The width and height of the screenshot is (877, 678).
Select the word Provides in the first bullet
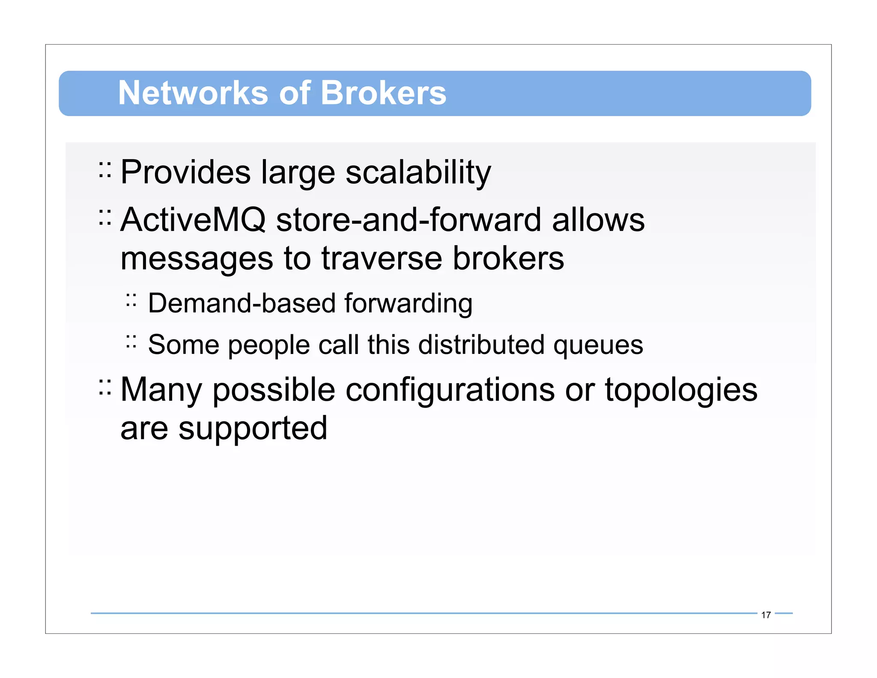[x=185, y=172]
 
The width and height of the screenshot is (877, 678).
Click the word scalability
[x=418, y=173]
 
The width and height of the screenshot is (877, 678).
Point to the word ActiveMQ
[x=193, y=220]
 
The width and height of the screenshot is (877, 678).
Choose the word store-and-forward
[x=409, y=220]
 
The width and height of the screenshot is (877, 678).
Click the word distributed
[x=481, y=345]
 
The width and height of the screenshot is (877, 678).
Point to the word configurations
[x=450, y=390]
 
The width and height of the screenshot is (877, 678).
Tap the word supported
[x=253, y=429]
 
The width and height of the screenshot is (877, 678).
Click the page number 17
[x=766, y=615]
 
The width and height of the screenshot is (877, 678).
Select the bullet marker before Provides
[x=104, y=170]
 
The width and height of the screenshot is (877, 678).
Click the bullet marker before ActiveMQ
[x=104, y=217]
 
